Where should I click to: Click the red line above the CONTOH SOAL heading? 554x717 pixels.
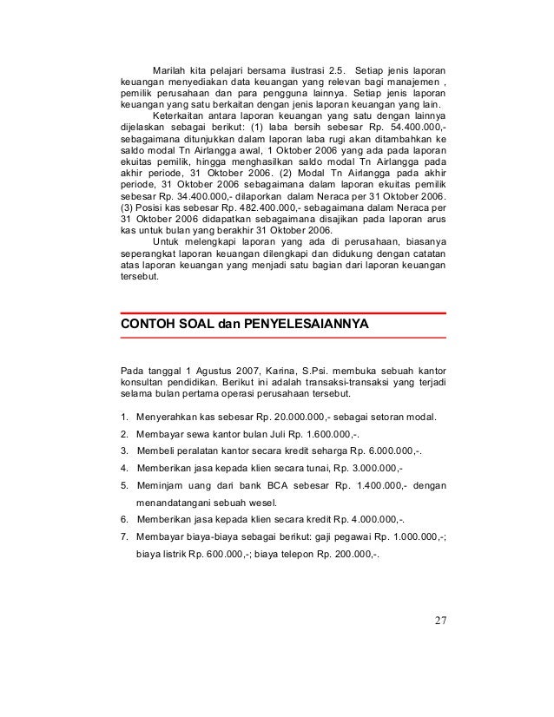282,312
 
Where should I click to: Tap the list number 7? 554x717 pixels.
125,536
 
